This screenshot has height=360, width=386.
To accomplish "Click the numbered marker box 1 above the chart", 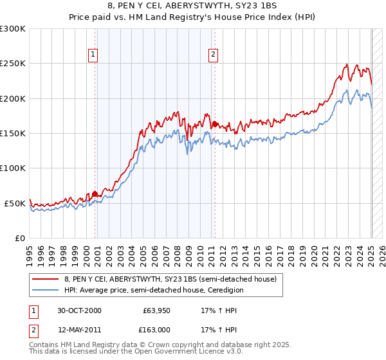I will [x=94, y=55].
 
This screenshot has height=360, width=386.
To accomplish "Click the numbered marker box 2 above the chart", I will [x=213, y=55].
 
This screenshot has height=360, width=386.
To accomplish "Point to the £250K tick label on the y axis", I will [x=13, y=64].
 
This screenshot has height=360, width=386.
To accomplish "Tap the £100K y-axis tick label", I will [x=13, y=168].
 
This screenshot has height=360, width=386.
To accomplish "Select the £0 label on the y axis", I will [x=21, y=238].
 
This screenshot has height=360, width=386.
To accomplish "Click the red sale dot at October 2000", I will [x=95, y=193].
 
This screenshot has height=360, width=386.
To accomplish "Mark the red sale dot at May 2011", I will [x=215, y=124].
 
